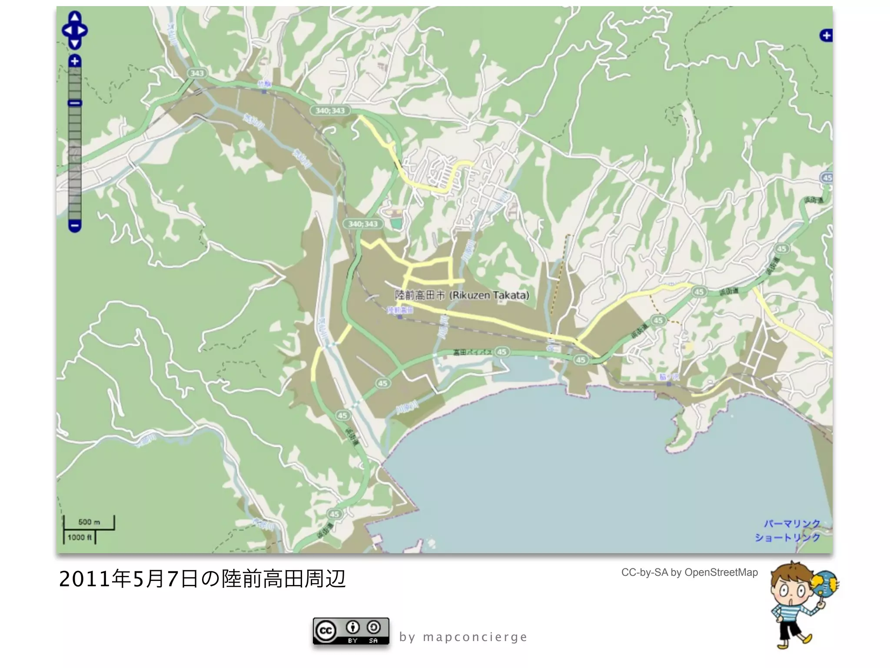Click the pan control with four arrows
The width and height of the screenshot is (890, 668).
pyautogui.click(x=75, y=30)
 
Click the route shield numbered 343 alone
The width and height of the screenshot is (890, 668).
pyautogui.click(x=197, y=73)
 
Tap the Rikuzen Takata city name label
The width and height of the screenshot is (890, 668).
pyautogui.click(x=462, y=295)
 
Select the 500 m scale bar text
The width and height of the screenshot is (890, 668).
pyautogui.click(x=89, y=522)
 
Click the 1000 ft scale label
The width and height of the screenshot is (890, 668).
pyautogui.click(x=80, y=538)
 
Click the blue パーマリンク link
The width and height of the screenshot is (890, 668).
pyautogui.click(x=792, y=524)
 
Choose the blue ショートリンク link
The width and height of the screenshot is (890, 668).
pyautogui.click(x=787, y=538)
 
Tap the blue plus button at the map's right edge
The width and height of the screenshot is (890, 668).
pyautogui.click(x=826, y=36)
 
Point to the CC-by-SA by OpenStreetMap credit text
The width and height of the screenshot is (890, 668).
pyautogui.click(x=689, y=572)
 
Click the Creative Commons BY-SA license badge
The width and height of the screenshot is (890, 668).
pyautogui.click(x=351, y=631)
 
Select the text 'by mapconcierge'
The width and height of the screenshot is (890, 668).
pyautogui.click(x=463, y=637)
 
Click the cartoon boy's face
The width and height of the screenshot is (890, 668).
pyautogui.click(x=791, y=589)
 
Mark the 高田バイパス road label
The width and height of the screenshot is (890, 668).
pyautogui.click(x=472, y=352)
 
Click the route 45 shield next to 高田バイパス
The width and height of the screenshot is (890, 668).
pyautogui.click(x=502, y=352)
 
